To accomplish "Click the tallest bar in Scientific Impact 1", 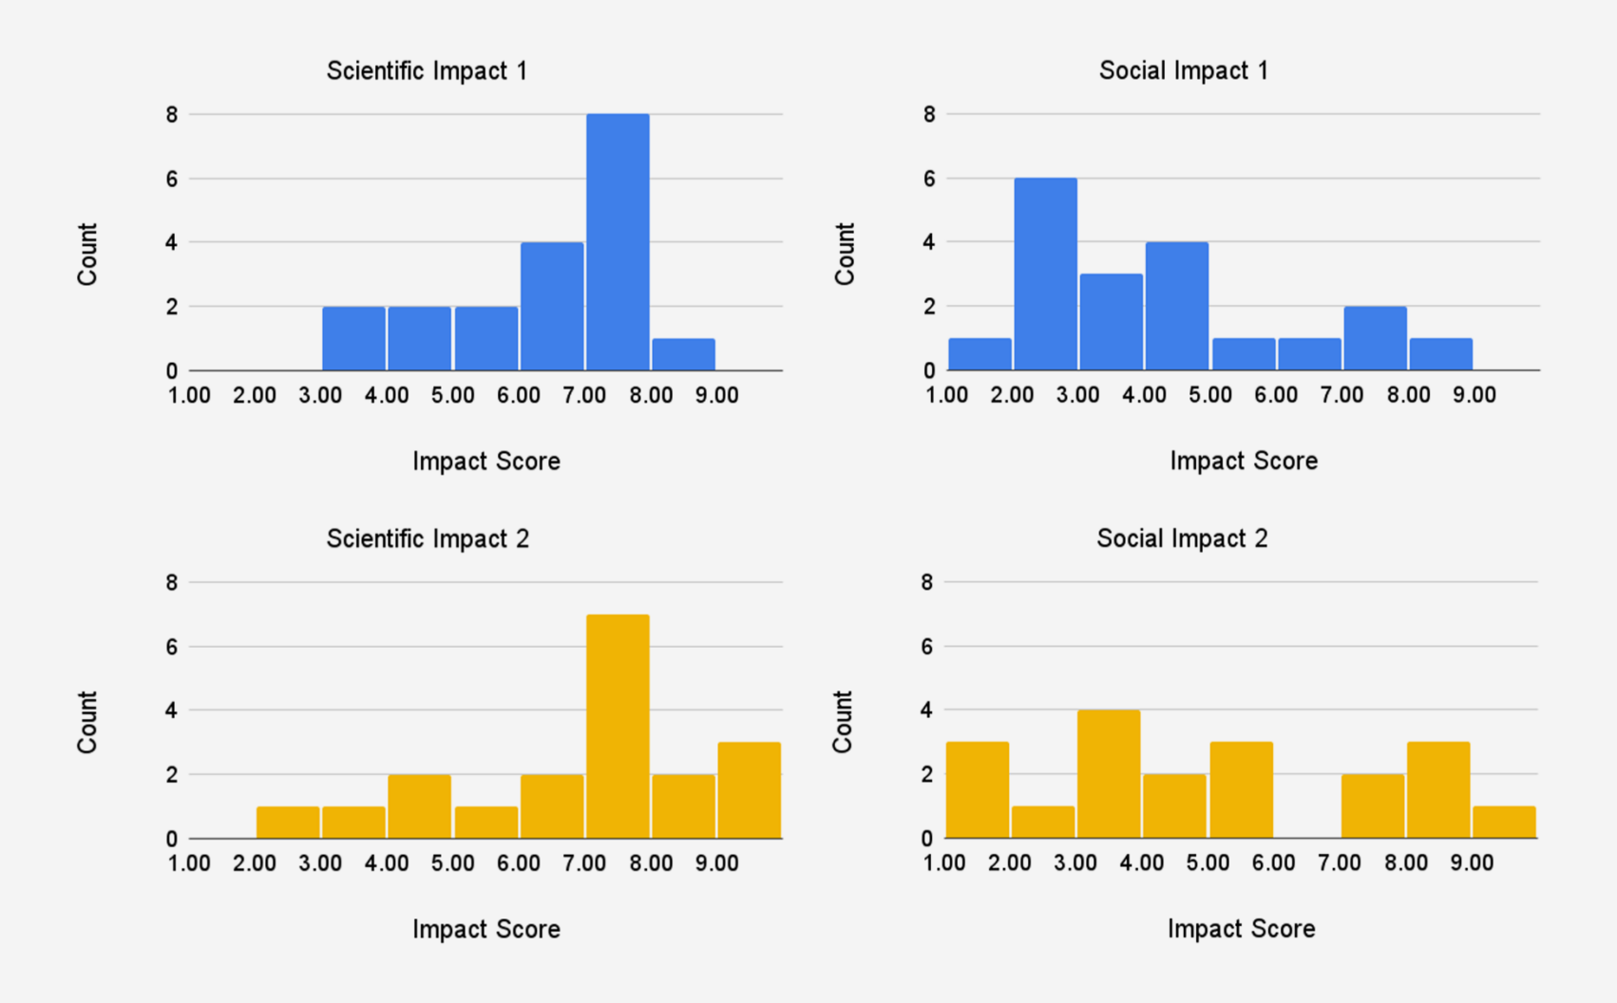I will pyautogui.click(x=618, y=242).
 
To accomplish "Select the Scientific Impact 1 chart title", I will pyautogui.click(x=427, y=71).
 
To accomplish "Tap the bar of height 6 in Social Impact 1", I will pyautogui.click(x=1045, y=274).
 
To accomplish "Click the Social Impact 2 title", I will pyautogui.click(x=1182, y=539).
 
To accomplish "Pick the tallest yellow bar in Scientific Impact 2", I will pyautogui.click(x=618, y=727).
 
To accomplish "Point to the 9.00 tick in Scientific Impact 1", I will pyautogui.click(x=716, y=395).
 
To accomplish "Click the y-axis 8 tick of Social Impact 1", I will pyautogui.click(x=929, y=115).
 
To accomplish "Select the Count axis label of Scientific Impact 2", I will pyautogui.click(x=87, y=722).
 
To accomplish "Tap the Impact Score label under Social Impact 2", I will pyautogui.click(x=1241, y=929).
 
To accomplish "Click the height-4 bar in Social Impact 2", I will pyautogui.click(x=1108, y=774).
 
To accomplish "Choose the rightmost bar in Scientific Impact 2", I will pyautogui.click(x=749, y=790).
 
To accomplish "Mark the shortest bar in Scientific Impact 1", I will pyautogui.click(x=683, y=354).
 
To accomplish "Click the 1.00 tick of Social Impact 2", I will pyautogui.click(x=944, y=863).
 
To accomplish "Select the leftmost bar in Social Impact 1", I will pyautogui.click(x=980, y=354).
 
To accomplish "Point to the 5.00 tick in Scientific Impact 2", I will pyautogui.click(x=452, y=863).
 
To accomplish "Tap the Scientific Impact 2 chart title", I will pyautogui.click(x=428, y=539).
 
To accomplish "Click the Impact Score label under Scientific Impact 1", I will pyautogui.click(x=485, y=462).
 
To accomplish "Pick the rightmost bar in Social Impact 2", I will pyautogui.click(x=1504, y=823).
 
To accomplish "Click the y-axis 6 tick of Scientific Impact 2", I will pyautogui.click(x=172, y=647).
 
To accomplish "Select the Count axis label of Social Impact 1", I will pyautogui.click(x=845, y=254).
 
